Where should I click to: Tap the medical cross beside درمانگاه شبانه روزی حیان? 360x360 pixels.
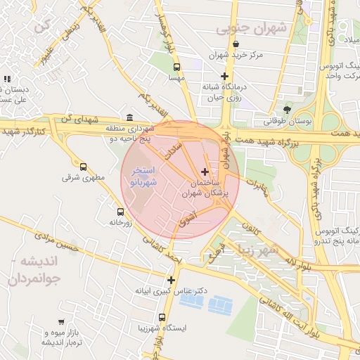click(x=224, y=76)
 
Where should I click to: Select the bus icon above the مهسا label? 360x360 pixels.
click(x=176, y=68)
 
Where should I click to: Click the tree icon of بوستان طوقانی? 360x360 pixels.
click(x=287, y=109)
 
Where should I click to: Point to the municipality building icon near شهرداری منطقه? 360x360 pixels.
click(x=129, y=117)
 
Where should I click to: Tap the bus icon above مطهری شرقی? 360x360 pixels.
click(x=84, y=167)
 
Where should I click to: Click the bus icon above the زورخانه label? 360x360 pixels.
click(x=120, y=211)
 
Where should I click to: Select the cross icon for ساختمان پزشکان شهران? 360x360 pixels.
click(x=205, y=172)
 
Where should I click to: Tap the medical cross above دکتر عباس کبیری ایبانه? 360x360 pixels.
click(x=171, y=280)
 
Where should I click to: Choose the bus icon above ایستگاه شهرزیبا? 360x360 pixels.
click(x=162, y=318)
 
